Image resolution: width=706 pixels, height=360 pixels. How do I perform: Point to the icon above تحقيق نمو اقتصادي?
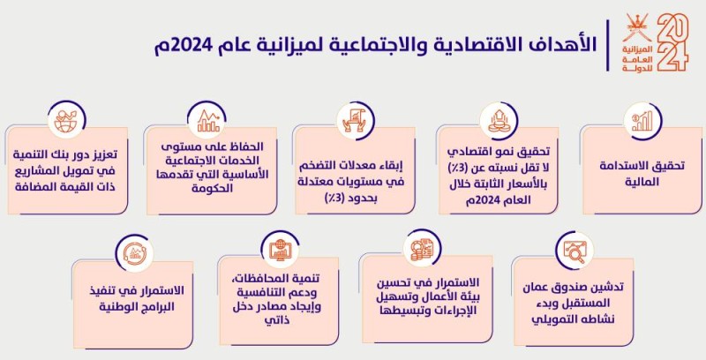495,119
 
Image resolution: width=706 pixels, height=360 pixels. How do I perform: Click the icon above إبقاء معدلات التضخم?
349,119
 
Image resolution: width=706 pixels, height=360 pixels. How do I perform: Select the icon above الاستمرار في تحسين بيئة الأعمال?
422,251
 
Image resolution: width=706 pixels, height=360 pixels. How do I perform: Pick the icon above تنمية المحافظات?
280,251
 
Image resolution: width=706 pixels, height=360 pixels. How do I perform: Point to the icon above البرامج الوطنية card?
134,251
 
